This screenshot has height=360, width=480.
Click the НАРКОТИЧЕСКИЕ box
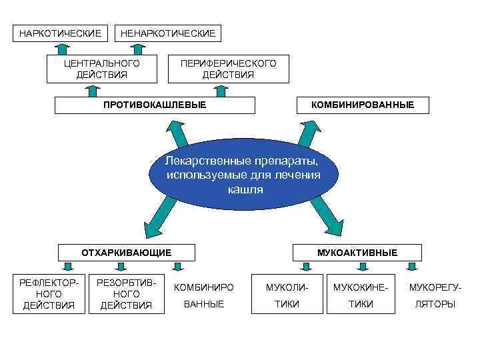pyautogui.click(x=61, y=33)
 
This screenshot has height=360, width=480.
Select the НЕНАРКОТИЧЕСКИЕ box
pyautogui.click(x=168, y=33)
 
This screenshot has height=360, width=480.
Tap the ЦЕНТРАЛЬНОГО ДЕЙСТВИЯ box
pyautogui.click(x=101, y=69)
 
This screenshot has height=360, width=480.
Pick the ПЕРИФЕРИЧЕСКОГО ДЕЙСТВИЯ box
pyautogui.click(x=228, y=69)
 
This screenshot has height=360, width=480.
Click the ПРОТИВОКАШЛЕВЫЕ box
pyautogui.click(x=155, y=105)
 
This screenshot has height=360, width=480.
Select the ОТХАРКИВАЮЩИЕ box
pyautogui.click(x=127, y=253)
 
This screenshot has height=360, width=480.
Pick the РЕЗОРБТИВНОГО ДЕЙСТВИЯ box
pyautogui.click(x=126, y=294)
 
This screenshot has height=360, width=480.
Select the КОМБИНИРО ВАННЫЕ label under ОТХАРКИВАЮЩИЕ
pyautogui.click(x=203, y=295)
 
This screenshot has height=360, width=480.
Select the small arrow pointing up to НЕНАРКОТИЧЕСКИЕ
pyautogui.click(x=140, y=48)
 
